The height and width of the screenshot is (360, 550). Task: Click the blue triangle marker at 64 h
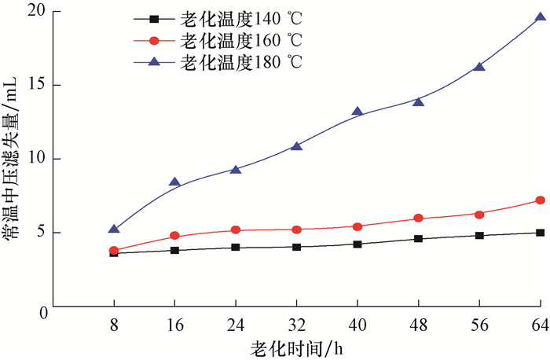click(x=541, y=17)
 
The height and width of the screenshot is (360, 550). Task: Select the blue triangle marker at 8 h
click(x=114, y=230)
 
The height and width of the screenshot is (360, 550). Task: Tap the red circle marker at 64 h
click(x=541, y=200)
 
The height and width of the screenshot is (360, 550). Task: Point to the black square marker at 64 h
click(x=541, y=233)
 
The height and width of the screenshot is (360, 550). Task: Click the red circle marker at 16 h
click(x=174, y=236)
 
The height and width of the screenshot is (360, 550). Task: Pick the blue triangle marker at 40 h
click(x=357, y=112)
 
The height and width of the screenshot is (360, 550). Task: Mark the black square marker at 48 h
click(x=418, y=238)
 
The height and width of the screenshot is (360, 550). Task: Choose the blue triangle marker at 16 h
click(x=174, y=182)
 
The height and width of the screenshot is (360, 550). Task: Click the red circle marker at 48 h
click(x=418, y=218)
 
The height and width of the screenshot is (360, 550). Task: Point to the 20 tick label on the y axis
click(x=35, y=13)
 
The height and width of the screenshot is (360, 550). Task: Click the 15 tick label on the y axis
click(x=35, y=85)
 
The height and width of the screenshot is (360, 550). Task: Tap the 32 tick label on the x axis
click(x=296, y=325)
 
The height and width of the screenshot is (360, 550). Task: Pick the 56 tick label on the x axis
click(x=479, y=325)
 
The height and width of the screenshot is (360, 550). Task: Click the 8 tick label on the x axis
click(x=114, y=325)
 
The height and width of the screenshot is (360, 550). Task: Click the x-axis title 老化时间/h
click(x=297, y=347)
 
